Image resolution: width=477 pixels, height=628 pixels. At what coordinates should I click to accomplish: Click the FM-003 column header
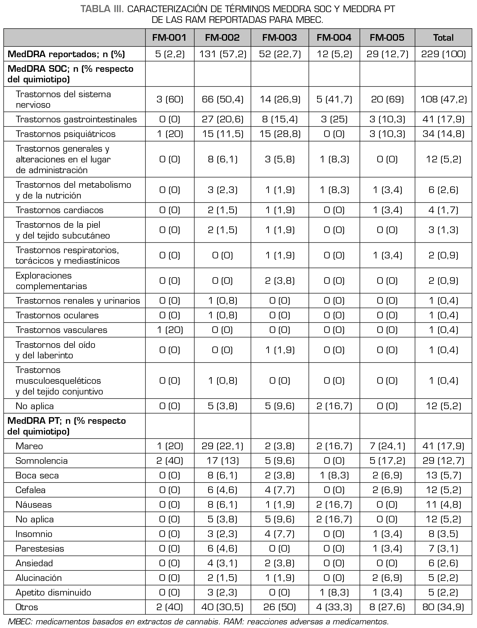(279, 38)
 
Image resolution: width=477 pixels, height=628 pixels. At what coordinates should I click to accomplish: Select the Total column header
(443, 38)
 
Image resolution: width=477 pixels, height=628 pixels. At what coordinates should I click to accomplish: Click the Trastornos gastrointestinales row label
(76, 119)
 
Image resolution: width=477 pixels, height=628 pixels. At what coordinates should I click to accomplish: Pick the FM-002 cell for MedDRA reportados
(222, 54)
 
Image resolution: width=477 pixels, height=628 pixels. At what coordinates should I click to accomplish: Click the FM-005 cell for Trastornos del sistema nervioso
(387, 99)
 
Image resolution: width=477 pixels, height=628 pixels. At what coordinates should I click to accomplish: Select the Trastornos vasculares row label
(61, 330)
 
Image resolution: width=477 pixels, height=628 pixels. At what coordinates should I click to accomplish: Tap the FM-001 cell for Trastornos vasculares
(170, 330)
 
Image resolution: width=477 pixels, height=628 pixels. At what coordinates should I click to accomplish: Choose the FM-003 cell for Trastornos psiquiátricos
(279, 134)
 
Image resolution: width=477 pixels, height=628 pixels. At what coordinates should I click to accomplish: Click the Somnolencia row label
(41, 461)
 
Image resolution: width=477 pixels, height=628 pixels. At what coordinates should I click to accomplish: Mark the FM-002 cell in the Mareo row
(222, 446)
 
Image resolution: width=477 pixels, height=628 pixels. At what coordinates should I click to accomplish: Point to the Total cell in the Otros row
(443, 607)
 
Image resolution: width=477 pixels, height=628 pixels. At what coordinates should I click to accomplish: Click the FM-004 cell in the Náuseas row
(334, 505)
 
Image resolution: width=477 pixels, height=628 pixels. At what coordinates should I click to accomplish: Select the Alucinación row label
(38, 578)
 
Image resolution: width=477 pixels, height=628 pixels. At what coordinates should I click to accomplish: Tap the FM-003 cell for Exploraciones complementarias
(279, 281)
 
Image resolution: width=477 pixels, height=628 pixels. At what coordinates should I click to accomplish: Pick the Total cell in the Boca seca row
(443, 475)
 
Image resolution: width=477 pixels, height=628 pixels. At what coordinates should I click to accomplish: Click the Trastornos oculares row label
(57, 315)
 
